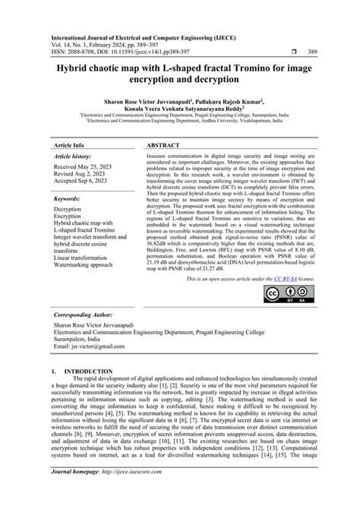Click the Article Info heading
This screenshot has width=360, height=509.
68,144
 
